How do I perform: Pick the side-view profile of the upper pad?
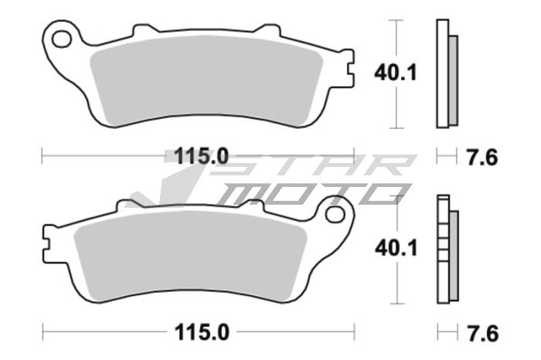coord(447,73)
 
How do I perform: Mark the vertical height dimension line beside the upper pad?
coord(396,46)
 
